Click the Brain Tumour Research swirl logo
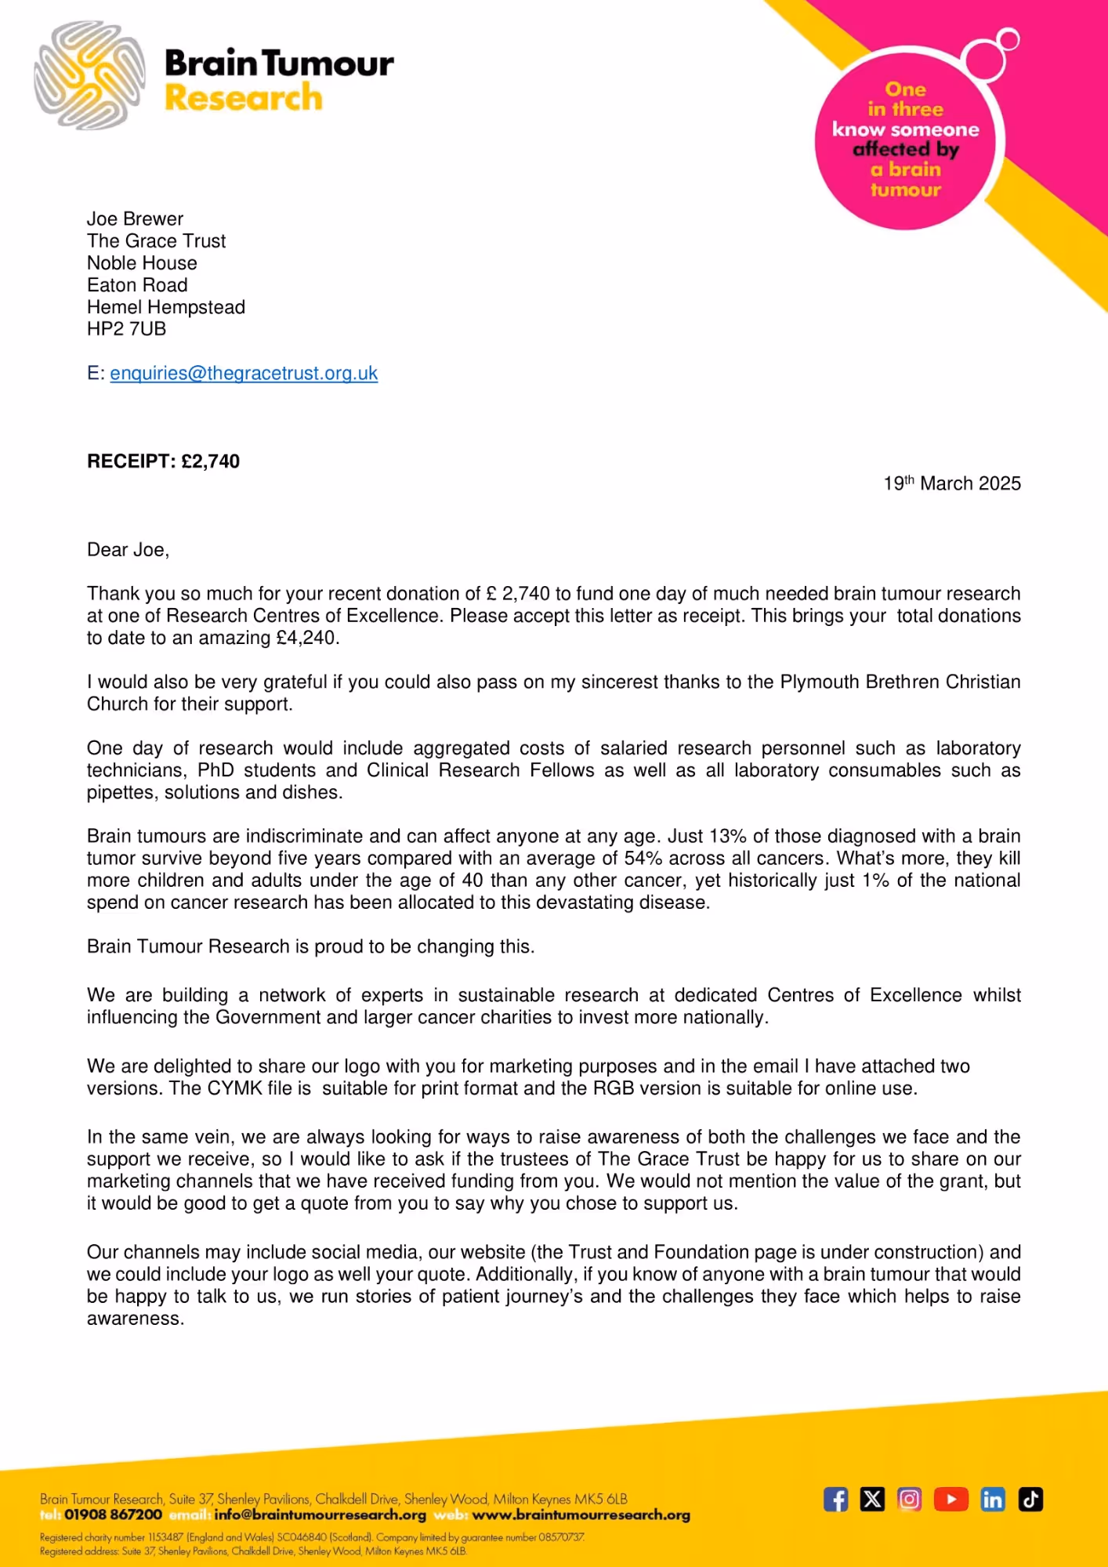pos(89,75)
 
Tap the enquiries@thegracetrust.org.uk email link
pos(244,374)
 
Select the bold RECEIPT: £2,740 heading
pos(163,461)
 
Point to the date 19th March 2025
pos(951,483)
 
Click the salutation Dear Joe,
pos(128,550)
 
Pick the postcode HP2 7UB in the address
pos(126,329)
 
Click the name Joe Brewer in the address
pos(135,219)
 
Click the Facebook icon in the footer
pos(835,1500)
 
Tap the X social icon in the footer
pos(872,1500)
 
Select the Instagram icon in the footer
pos(909,1500)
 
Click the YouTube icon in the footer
pos(950,1500)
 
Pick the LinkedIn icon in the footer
pos(992,1500)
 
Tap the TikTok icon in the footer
pos(1030,1500)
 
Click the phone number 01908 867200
pos(113,1515)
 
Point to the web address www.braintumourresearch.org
pos(581,1515)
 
